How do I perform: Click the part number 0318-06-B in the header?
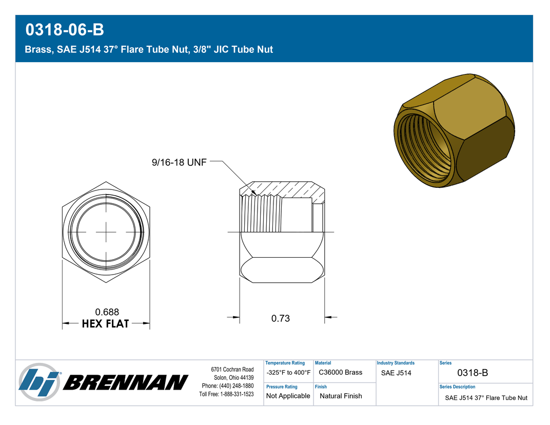pos(65,29)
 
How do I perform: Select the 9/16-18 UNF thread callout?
pos(179,162)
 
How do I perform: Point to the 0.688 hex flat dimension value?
pos(107,312)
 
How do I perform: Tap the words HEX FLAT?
pos(106,323)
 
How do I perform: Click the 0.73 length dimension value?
pos(281,318)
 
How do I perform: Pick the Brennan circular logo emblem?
pos(40,382)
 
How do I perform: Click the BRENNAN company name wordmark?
pos(126,382)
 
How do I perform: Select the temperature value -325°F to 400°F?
pos(288,372)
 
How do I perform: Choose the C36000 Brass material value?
pos(340,372)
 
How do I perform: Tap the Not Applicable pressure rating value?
pos(288,396)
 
